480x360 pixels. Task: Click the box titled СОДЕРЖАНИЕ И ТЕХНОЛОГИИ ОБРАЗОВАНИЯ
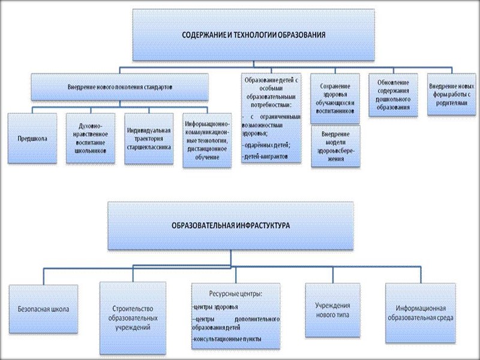254,35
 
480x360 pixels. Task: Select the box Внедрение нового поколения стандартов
120,86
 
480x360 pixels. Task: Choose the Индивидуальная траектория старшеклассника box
149,138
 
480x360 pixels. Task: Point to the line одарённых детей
268,145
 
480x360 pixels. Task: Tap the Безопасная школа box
44,310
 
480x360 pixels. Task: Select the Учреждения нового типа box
331,310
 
